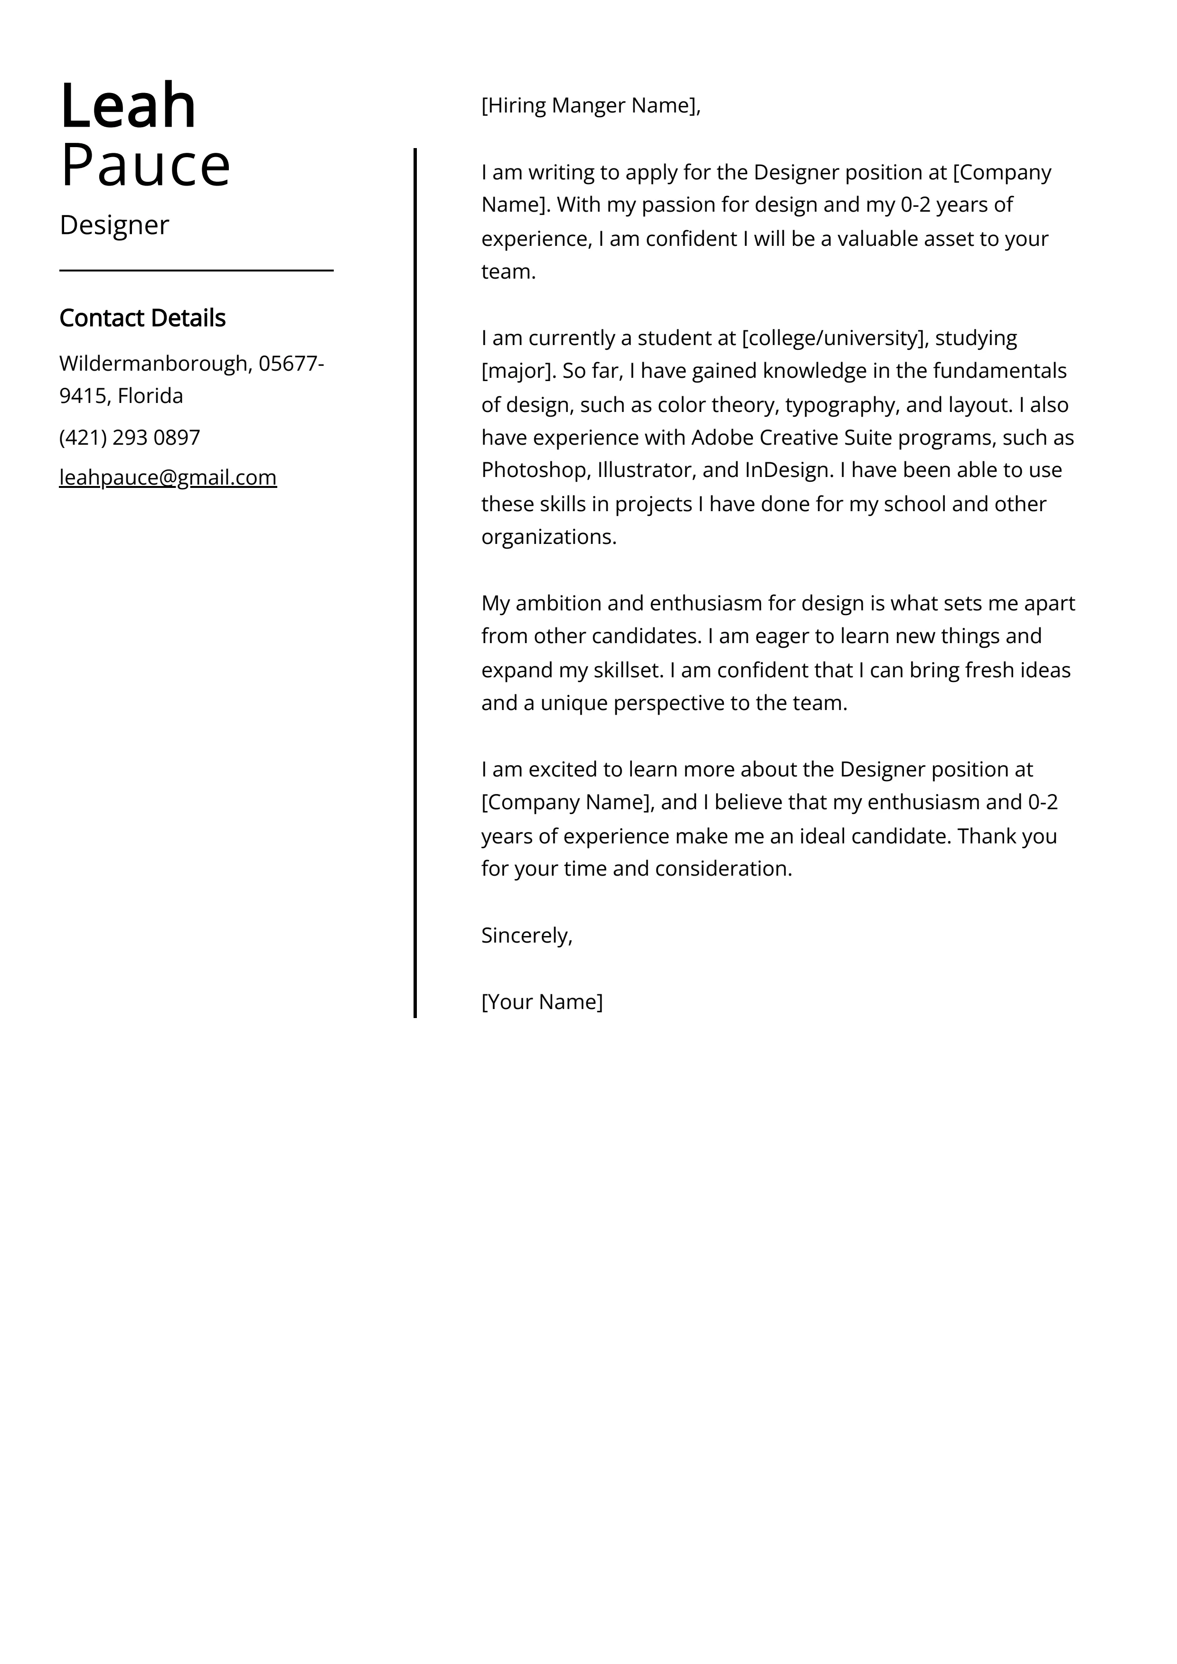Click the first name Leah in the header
[x=128, y=106]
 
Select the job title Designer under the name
[x=114, y=225]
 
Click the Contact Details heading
[x=142, y=318]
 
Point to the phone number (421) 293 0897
[x=130, y=438]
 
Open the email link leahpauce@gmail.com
[x=168, y=477]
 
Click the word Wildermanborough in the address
[x=153, y=363]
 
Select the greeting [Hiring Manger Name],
[x=590, y=106]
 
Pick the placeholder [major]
[x=518, y=372]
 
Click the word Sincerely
[x=525, y=935]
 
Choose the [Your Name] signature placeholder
[x=542, y=1002]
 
